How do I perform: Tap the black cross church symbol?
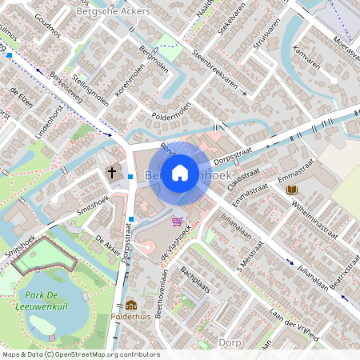(112, 172)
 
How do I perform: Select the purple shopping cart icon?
(176, 221)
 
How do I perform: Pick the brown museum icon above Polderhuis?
(130, 305)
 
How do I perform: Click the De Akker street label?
(107, 243)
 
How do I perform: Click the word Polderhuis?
(131, 317)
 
